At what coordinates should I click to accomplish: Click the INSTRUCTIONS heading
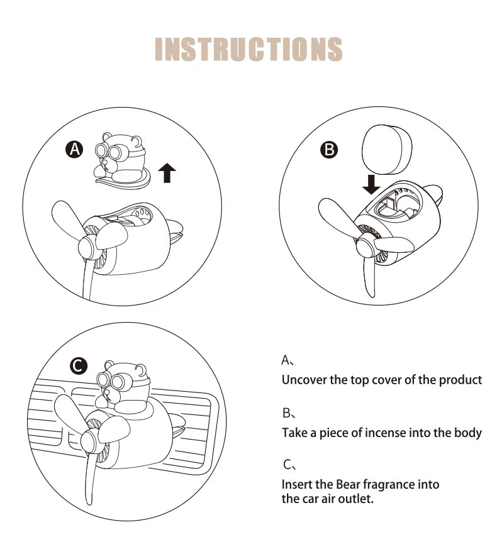click(248, 49)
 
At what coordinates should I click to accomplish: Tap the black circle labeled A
click(75, 150)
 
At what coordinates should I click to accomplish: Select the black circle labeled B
click(329, 150)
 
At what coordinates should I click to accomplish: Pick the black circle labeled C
click(79, 366)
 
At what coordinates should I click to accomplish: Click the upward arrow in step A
click(167, 172)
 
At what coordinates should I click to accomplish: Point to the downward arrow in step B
click(371, 184)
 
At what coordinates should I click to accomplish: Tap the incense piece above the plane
click(387, 150)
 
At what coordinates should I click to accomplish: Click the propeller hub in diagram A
click(87, 247)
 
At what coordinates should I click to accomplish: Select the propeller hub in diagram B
click(366, 245)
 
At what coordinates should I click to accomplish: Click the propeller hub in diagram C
click(89, 440)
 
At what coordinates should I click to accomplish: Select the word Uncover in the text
click(304, 380)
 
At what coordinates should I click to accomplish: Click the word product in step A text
click(461, 380)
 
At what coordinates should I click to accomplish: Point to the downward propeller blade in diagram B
click(369, 277)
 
